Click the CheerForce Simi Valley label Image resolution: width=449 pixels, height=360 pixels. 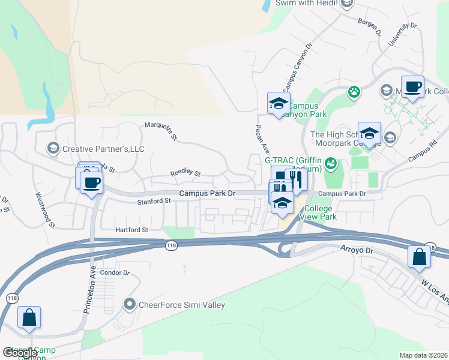point(182,305)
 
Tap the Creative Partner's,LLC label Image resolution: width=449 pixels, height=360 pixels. point(104,149)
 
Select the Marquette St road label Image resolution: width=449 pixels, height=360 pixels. point(161,131)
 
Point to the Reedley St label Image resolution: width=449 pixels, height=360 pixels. point(185,173)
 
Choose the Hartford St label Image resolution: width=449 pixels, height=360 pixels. point(132,230)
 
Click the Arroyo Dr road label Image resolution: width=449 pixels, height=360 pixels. point(357,247)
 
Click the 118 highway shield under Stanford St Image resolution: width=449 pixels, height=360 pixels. point(170,245)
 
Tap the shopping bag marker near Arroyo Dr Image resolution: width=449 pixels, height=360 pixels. point(419,256)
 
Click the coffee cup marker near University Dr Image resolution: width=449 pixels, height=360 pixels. point(412,87)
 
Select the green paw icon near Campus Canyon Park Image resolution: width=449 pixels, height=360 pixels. point(354,92)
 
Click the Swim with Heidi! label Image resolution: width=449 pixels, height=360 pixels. point(306,3)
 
